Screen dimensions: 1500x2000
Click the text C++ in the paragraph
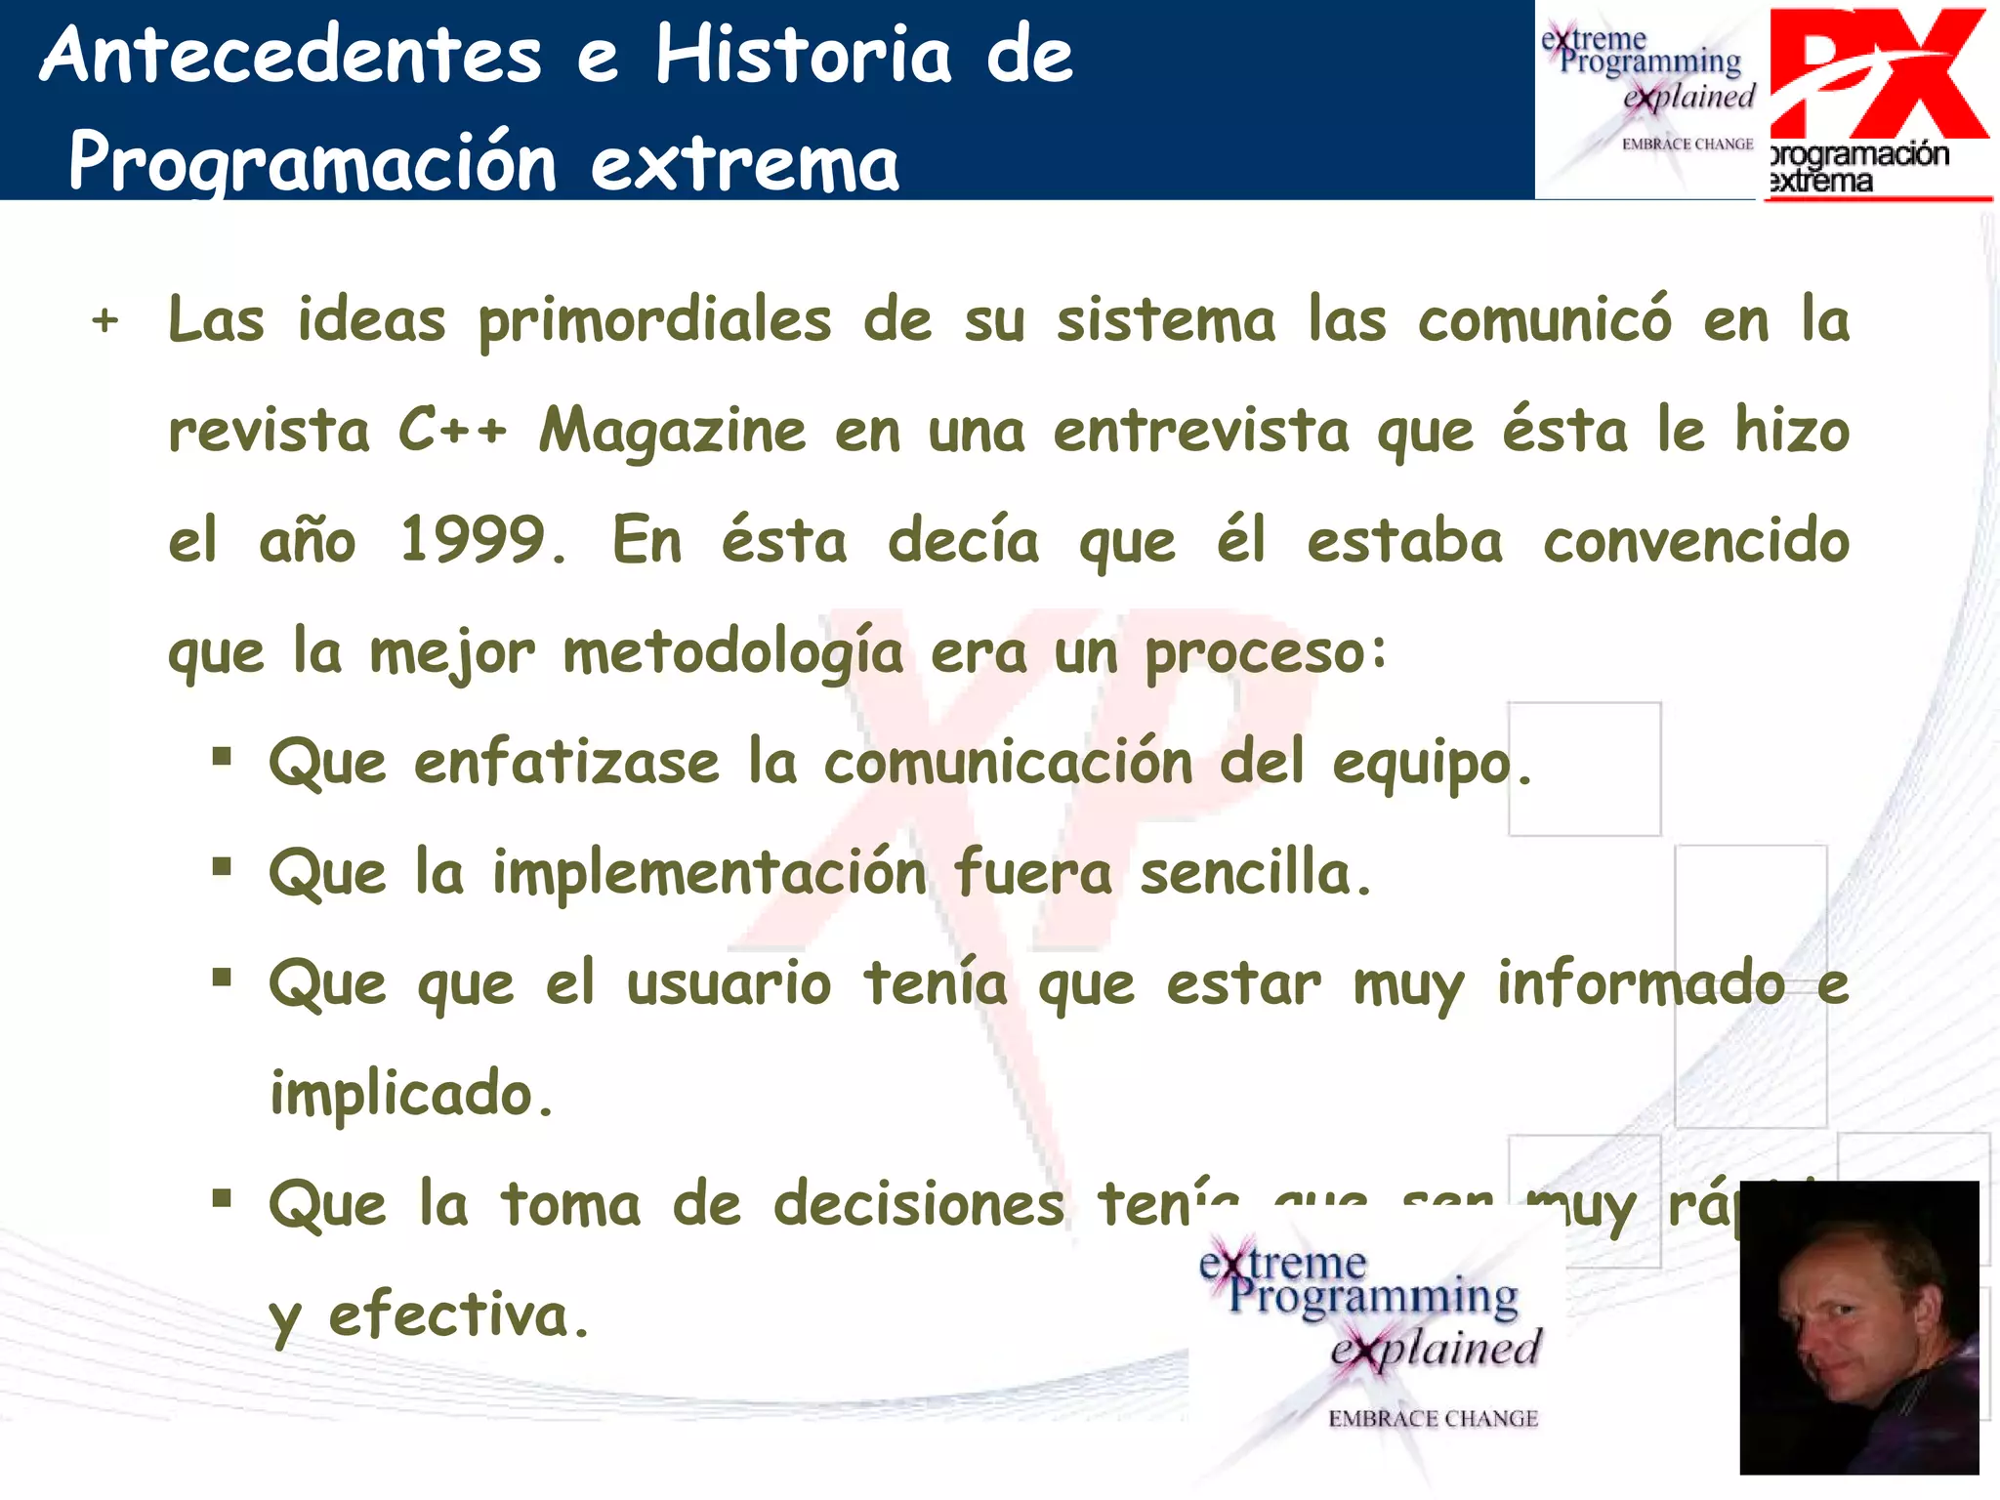tap(452, 430)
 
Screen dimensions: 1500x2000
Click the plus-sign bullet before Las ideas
tap(105, 320)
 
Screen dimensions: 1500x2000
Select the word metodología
tap(732, 652)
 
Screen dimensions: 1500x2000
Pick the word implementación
tap(709, 872)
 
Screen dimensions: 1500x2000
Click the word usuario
tap(729, 983)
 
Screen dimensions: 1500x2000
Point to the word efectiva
tap(459, 1314)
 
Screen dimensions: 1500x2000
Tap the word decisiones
tap(918, 1204)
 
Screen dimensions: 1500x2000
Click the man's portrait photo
tap(1858, 1327)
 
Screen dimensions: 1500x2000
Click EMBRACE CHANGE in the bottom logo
tap(1433, 1419)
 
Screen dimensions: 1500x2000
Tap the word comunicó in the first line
tap(1544, 320)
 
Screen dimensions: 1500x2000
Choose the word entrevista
tap(1200, 431)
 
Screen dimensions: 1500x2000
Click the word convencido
tap(1695, 540)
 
